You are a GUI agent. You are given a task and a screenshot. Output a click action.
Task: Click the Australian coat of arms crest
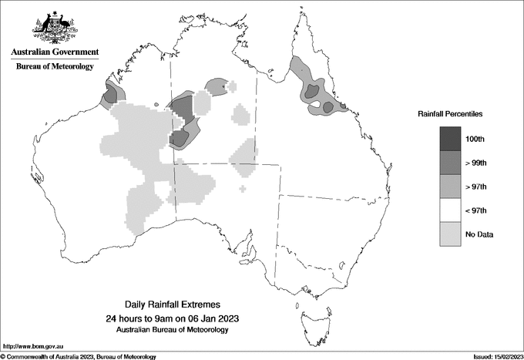coord(55,26)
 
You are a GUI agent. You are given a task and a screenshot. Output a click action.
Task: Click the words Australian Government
coord(55,52)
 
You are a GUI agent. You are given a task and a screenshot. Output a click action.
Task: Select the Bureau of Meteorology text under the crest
coord(55,67)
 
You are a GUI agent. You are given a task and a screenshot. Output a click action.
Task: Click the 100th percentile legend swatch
coord(450,139)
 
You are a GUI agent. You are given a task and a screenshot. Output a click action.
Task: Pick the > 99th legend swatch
coord(450,163)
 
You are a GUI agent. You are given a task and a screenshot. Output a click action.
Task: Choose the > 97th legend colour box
coord(450,187)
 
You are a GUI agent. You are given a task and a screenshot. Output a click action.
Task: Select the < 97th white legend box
coord(450,210)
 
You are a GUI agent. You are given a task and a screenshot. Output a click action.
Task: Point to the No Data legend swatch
coord(450,234)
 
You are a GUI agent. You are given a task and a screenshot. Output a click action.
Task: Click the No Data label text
coord(479,234)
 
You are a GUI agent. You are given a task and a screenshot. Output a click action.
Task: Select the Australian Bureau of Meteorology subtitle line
coord(171,330)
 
